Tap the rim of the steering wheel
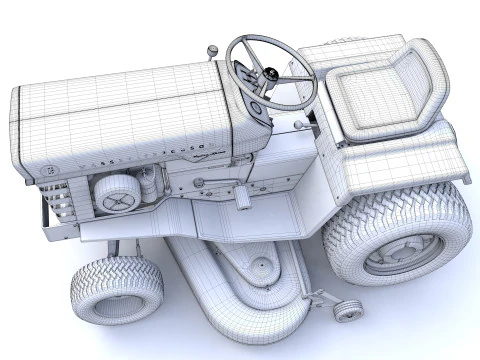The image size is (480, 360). (x=240, y=45)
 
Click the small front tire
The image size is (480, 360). (x=116, y=290)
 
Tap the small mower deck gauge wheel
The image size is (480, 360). (x=347, y=311)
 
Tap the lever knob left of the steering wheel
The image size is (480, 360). (x=212, y=49)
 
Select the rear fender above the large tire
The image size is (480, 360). (x=400, y=165)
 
